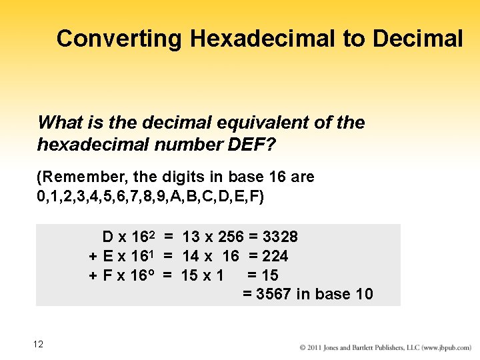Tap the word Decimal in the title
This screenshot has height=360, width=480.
pos(418,39)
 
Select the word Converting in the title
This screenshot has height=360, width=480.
pos(119,39)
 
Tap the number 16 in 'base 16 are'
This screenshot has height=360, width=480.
pos(269,177)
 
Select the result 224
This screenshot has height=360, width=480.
pos(275,256)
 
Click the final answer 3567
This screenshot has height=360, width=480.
pos(274,294)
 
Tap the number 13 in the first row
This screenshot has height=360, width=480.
pos(191,237)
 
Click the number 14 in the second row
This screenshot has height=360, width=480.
pos(191,256)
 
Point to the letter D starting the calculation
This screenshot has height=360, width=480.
pos(107,237)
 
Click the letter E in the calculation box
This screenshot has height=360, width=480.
pos(107,256)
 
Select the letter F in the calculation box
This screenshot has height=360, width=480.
pos(107,275)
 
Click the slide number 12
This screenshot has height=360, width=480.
pos(38,344)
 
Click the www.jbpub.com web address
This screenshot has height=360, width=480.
pos(448,348)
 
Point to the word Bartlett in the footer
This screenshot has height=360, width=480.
pos(369,348)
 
